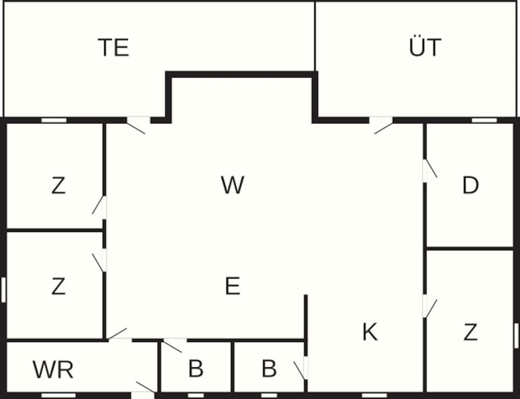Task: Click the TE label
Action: [113, 48]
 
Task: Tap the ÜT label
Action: [425, 48]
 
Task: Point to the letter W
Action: [232, 185]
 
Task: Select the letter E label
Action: [232, 286]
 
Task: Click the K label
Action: [370, 332]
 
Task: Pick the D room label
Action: [470, 186]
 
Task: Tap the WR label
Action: [53, 370]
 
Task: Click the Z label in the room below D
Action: [470, 332]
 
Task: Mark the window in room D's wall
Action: [484, 120]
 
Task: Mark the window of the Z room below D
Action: [516, 336]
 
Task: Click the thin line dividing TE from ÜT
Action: [315, 36]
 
